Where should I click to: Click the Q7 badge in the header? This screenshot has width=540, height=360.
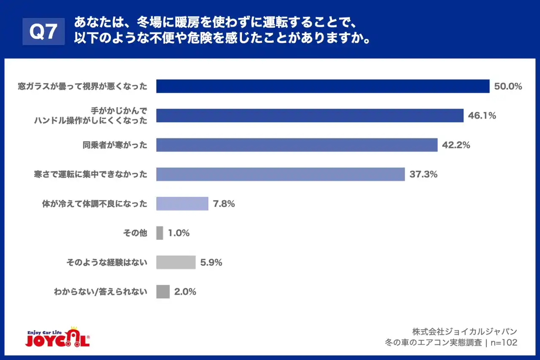43,32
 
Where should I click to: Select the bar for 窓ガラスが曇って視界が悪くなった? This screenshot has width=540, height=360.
323,86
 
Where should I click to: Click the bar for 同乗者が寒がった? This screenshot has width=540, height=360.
297,145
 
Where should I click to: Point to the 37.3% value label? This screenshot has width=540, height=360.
423,174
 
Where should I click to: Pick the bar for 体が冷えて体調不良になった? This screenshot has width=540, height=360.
182,203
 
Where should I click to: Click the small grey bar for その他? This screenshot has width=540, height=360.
159,233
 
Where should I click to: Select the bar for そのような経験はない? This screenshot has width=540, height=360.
176,262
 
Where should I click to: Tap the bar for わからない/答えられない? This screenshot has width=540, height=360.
163,292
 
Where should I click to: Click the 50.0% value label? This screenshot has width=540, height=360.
508,87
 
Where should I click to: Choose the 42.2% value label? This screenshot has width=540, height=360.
456,145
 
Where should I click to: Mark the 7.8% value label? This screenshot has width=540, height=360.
224,204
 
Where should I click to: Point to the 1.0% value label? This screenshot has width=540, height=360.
178,233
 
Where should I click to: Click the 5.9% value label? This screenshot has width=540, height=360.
211,263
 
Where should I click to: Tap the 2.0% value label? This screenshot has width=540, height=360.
185,292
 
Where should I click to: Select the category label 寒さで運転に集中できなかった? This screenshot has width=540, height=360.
91,174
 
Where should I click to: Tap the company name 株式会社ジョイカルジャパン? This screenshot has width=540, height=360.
464,331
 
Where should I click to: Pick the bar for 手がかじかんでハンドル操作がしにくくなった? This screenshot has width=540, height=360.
310,116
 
